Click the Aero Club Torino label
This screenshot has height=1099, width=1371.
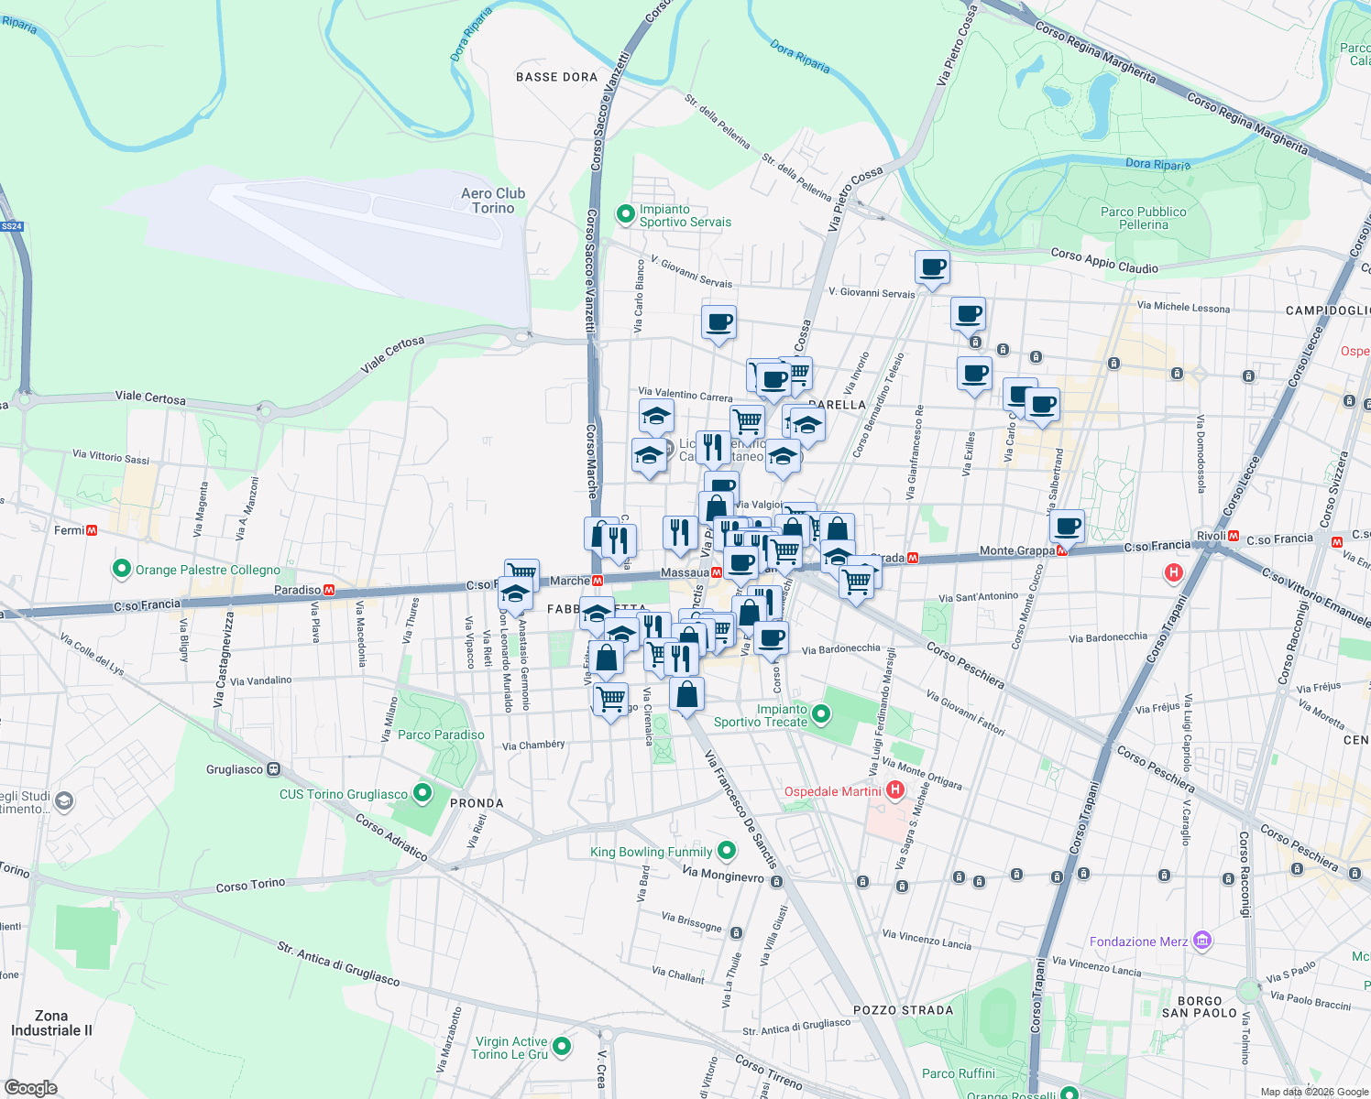[x=493, y=201]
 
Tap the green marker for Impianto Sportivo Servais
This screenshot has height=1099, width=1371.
[x=626, y=214]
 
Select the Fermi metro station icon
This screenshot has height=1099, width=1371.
[x=92, y=530]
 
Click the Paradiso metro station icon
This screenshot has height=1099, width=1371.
[x=329, y=590]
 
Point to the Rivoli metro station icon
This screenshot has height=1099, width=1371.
[x=1234, y=536]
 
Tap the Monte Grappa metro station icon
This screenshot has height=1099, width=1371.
[x=1062, y=550]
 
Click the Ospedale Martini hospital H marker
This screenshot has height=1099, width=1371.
[x=895, y=790]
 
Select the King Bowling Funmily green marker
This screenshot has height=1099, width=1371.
[x=727, y=851]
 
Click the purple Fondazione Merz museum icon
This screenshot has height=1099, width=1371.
[x=1203, y=941]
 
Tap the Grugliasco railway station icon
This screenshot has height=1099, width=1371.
[x=273, y=769]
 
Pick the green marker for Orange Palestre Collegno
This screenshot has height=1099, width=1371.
[x=121, y=569]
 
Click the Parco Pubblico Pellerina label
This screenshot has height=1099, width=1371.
[x=1143, y=218]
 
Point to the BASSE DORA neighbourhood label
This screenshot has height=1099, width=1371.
[x=556, y=77]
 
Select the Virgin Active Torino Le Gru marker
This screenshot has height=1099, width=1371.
[x=562, y=1046]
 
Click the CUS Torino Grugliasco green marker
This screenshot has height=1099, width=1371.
[x=422, y=793]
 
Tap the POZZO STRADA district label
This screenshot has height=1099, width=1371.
[x=903, y=1010]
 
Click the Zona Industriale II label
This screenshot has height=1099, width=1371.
[x=51, y=1023]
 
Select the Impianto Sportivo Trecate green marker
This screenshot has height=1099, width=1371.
[x=821, y=713]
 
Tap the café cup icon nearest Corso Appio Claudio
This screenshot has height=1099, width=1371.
[x=932, y=267]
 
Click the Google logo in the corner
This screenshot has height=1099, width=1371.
[x=30, y=1087]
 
